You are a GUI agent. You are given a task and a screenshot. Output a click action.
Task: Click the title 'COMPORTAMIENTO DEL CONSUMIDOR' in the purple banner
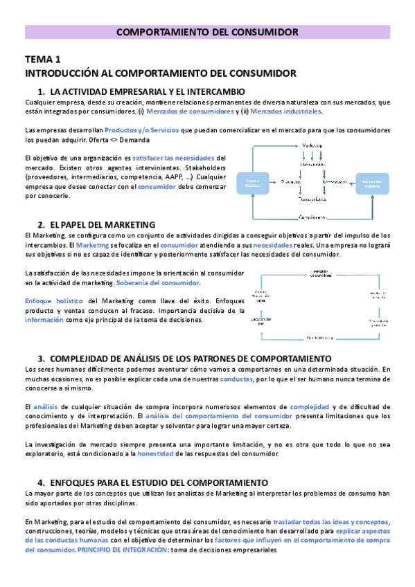207,32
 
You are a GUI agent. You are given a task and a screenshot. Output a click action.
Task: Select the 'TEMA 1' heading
43,60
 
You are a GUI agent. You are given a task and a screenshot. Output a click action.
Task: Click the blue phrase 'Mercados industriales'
285,111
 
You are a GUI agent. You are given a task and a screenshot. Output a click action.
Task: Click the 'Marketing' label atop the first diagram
314,145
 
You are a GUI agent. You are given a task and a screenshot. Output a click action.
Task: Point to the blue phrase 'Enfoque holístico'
54,301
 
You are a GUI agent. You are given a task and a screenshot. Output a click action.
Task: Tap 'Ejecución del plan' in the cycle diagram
260,321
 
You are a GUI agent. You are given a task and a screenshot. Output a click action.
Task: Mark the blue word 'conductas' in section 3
235,379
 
